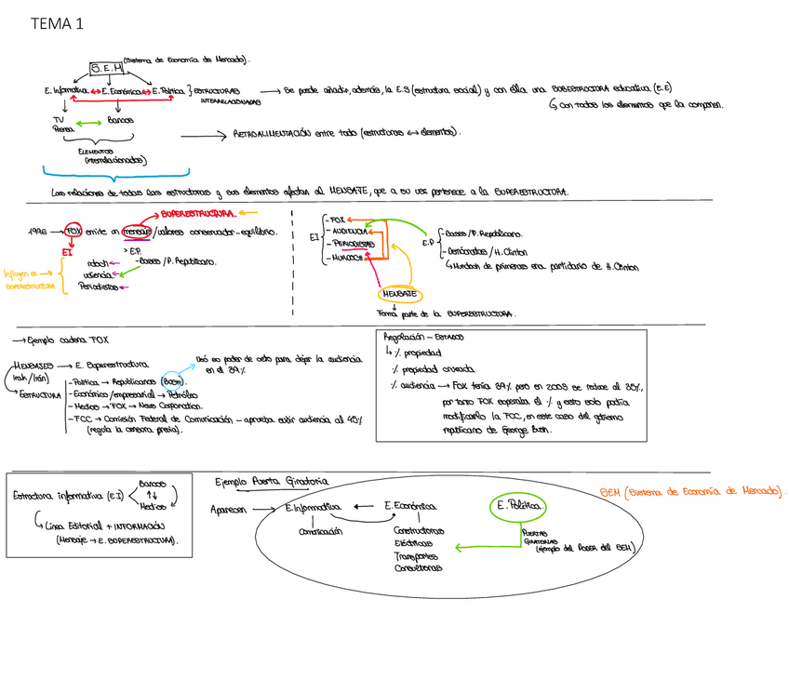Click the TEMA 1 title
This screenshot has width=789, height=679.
pyautogui.click(x=56, y=24)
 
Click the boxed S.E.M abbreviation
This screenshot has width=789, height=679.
pyautogui.click(x=106, y=68)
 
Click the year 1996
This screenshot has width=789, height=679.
pyautogui.click(x=39, y=231)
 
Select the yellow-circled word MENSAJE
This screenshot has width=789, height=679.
pyautogui.click(x=398, y=294)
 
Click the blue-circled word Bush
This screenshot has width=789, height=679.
pyautogui.click(x=173, y=381)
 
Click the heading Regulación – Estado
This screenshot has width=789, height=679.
pyautogui.click(x=424, y=338)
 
